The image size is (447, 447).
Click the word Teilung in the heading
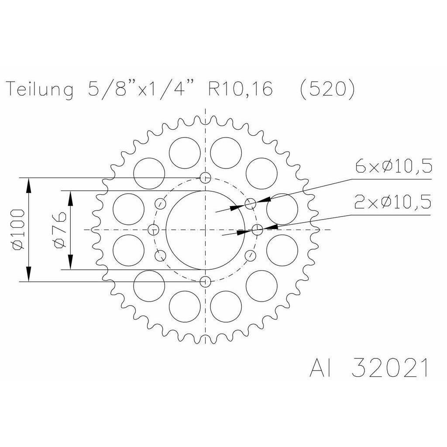[x=40, y=89]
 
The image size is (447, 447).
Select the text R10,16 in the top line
[x=241, y=88]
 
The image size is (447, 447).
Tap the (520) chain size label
[x=328, y=89]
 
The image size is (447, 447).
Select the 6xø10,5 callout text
[x=394, y=166]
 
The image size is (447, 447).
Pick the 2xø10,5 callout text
[x=392, y=202]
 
